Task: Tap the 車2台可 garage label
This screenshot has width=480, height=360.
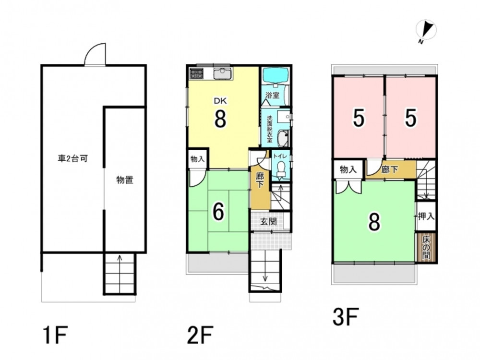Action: [x=73, y=159]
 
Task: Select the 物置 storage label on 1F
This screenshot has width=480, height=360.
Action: [x=125, y=180]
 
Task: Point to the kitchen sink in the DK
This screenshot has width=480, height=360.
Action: [x=223, y=74]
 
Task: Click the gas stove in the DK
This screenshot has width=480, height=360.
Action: [x=196, y=74]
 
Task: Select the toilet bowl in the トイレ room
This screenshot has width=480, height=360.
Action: [x=280, y=168]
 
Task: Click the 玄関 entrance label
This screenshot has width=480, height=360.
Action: [x=268, y=222]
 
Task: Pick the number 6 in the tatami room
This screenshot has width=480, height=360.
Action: [x=218, y=212]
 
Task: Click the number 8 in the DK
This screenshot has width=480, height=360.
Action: [x=220, y=119]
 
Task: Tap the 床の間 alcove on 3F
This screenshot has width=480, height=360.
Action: [x=426, y=248]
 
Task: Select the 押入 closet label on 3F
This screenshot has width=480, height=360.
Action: [x=426, y=217]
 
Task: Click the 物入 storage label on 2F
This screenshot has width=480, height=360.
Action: [x=197, y=159]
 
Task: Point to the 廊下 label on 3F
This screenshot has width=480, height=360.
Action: [x=390, y=169]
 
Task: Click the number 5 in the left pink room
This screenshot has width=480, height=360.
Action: [x=359, y=118]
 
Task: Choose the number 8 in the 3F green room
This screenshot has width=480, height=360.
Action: [x=374, y=222]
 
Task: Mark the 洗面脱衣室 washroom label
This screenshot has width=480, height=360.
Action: [x=270, y=129]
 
